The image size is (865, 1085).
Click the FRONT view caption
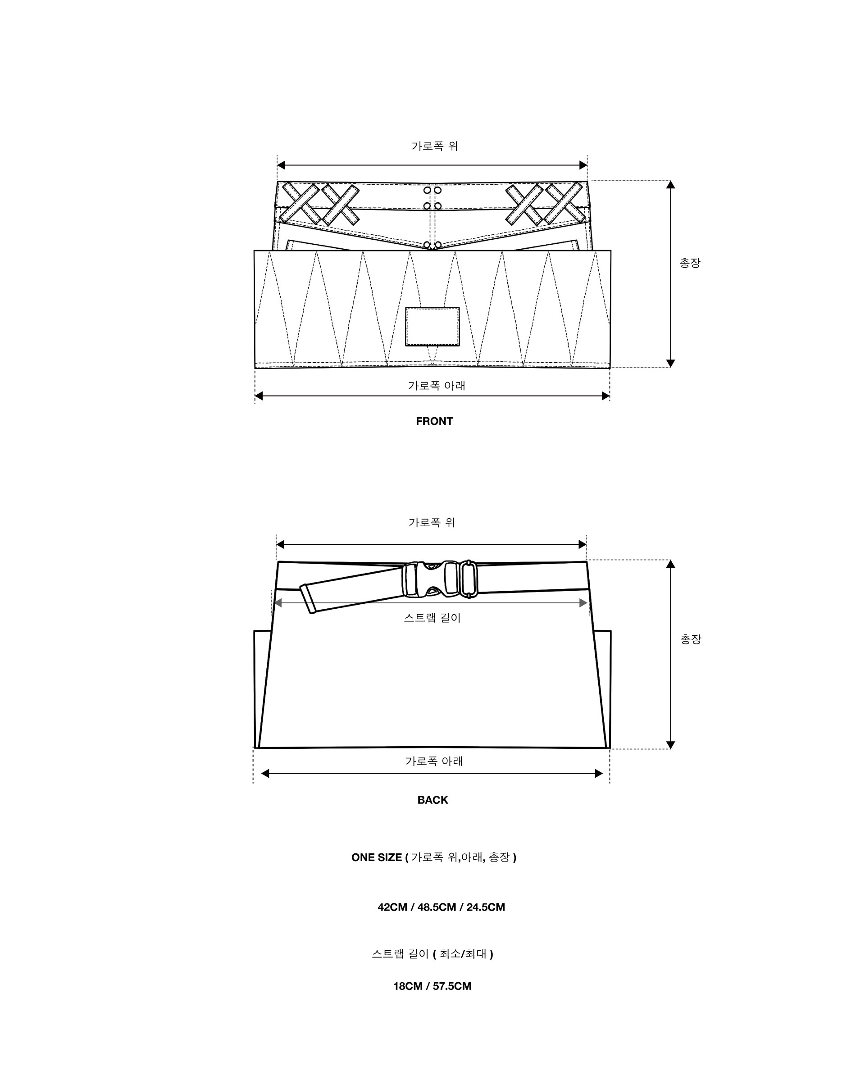(434, 421)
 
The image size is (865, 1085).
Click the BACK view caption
(432, 800)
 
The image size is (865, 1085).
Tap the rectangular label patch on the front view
(432, 327)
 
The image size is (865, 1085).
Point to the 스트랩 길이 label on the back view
(432, 617)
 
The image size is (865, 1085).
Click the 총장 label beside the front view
(690, 263)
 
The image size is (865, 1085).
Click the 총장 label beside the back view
(690, 639)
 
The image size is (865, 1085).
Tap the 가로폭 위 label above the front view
(434, 146)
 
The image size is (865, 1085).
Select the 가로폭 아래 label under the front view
(436, 386)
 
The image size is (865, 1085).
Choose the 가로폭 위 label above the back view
(432, 522)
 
